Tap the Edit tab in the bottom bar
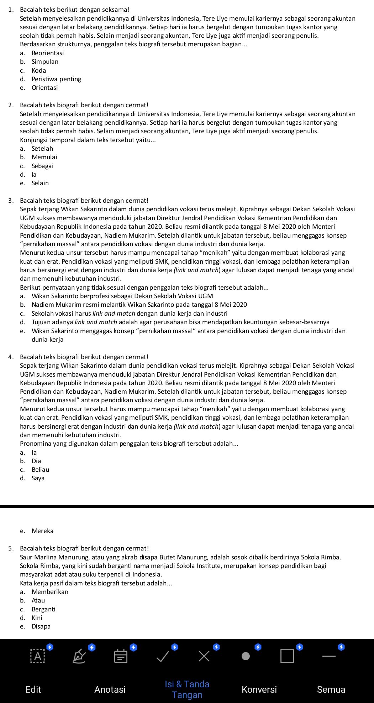pyautogui.click(x=33, y=689)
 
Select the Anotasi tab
pyautogui.click(x=110, y=689)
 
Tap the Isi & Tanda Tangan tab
pyautogui.click(x=187, y=689)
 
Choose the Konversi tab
pyautogui.click(x=259, y=689)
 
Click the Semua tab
pyautogui.click(x=331, y=689)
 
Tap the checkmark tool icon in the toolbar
pyautogui.click(x=163, y=656)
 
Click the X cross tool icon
pyautogui.click(x=204, y=656)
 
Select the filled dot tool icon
pyautogui.click(x=246, y=656)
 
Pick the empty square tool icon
pyautogui.click(x=287, y=656)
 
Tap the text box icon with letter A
pyautogui.click(x=38, y=656)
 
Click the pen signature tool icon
pyautogui.click(x=79, y=656)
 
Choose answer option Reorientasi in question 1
pyautogui.click(x=48, y=53)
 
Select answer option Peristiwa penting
pyautogui.click(x=56, y=79)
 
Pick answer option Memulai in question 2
pyautogui.click(x=44, y=157)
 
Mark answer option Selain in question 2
pyautogui.click(x=40, y=183)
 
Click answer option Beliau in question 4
pyautogui.click(x=40, y=470)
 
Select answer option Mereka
pyautogui.click(x=42, y=531)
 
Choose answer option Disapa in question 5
pyautogui.click(x=41, y=626)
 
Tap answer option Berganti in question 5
pyautogui.click(x=43, y=609)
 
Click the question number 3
pyautogui.click(x=11, y=201)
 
